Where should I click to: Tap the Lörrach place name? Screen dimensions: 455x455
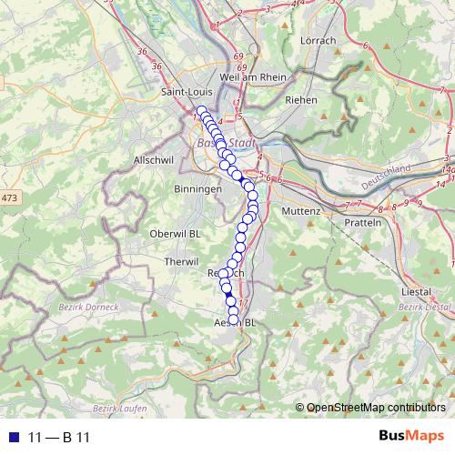click(x=318, y=40)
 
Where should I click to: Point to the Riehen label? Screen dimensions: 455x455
click(x=300, y=100)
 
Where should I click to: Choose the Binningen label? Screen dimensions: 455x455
click(x=197, y=188)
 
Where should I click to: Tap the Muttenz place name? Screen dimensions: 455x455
click(x=302, y=211)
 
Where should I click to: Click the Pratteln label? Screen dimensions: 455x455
click(x=362, y=223)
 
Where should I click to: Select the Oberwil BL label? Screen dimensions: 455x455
click(x=175, y=232)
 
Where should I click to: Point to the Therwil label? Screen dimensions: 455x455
click(x=169, y=261)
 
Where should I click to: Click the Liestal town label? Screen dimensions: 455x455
click(x=415, y=291)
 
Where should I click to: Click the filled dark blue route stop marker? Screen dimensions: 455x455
click(x=230, y=301)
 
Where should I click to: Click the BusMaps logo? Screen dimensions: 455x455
click(x=411, y=436)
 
